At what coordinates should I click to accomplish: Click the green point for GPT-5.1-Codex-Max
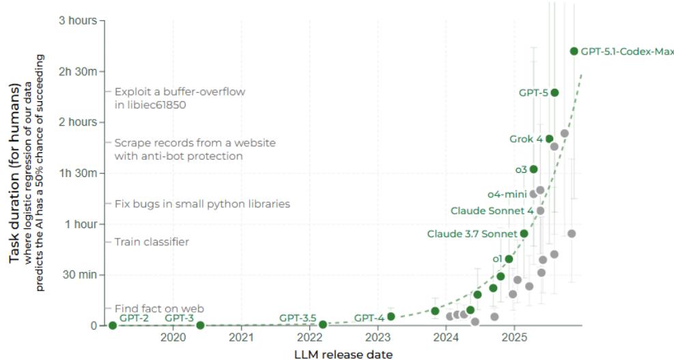click(574, 51)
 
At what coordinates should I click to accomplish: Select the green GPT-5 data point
click(554, 92)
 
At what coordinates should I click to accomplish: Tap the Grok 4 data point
click(549, 139)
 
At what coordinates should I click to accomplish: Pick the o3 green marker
click(533, 169)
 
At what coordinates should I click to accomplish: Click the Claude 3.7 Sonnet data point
click(524, 234)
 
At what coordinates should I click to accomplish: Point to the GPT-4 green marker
click(391, 316)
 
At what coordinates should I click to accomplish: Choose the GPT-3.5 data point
click(323, 324)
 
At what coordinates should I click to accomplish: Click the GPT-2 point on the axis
click(113, 325)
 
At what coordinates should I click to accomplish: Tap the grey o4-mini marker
click(533, 194)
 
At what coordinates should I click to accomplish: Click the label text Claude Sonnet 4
click(492, 211)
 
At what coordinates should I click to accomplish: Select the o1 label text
click(497, 259)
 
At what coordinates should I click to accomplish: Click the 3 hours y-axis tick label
click(77, 20)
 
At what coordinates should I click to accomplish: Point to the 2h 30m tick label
click(81, 72)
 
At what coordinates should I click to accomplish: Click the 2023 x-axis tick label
click(378, 338)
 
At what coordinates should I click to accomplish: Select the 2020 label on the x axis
click(173, 338)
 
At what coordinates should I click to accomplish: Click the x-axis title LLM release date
click(343, 353)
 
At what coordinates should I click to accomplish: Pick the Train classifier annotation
click(152, 242)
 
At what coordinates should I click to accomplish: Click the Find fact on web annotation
click(159, 309)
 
